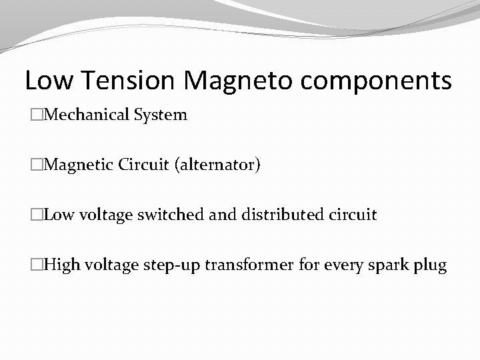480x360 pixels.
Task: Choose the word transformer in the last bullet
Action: click(x=249, y=265)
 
